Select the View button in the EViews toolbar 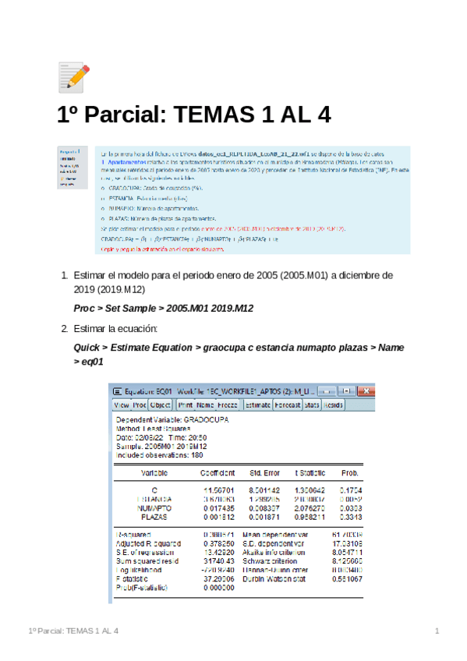[x=122, y=405]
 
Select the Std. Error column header [x=264, y=472]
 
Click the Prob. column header [x=350, y=472]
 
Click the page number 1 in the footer [x=437, y=630]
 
